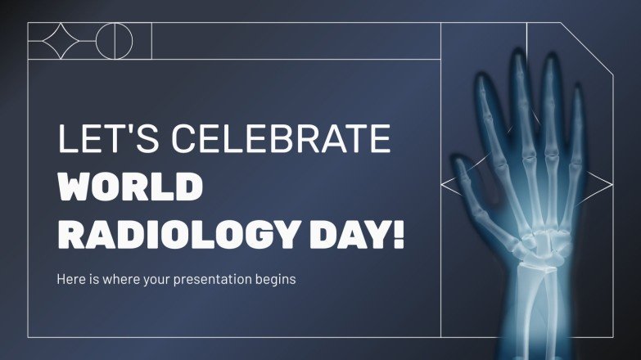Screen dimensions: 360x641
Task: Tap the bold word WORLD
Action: point(129,187)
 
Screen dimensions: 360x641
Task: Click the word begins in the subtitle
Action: point(275,279)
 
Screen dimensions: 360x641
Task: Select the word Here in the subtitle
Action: point(70,279)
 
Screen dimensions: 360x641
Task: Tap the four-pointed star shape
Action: point(61,41)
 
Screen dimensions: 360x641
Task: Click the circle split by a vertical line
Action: point(114,41)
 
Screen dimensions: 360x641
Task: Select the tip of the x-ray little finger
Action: point(578,88)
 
